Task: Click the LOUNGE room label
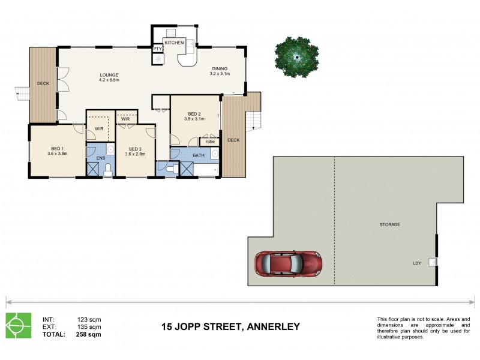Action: [x=109, y=75]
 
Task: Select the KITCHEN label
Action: [x=174, y=43]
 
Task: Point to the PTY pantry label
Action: [x=157, y=49]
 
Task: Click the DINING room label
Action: [x=220, y=68]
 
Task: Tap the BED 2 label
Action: [x=194, y=114]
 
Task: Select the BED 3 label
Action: [x=134, y=148]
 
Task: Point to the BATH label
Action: [x=198, y=155]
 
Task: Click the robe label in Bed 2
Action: [x=210, y=142]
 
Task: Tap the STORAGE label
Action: [x=389, y=224]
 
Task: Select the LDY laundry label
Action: [x=416, y=263]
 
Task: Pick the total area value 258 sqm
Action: [x=89, y=334]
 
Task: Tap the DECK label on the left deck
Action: [x=43, y=83]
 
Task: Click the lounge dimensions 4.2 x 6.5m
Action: [x=109, y=80]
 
